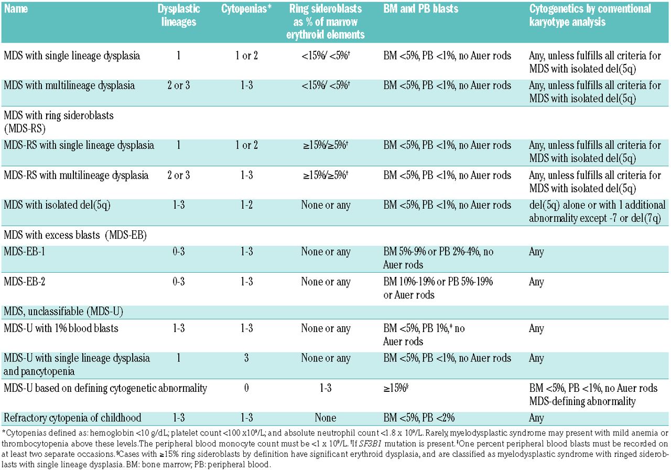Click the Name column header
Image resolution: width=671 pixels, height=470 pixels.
16,9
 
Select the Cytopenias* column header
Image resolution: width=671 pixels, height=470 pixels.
246,9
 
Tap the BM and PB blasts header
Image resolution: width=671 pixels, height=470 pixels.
420,9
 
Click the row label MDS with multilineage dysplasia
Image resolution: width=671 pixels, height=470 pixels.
69,86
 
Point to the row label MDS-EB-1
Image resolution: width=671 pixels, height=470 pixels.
24,251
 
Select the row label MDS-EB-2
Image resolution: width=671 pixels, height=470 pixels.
24,282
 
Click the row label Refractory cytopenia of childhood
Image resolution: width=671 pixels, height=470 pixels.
72,418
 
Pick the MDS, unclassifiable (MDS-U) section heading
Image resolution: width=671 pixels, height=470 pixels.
63,312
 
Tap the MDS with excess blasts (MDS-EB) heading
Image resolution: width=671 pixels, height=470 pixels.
75,235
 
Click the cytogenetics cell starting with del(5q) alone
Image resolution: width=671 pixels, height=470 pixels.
597,211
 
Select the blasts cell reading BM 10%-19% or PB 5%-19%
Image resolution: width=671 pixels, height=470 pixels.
438,288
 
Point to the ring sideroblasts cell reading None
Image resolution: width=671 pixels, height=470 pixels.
326,418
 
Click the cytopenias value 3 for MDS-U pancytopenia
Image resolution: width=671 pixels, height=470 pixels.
246,358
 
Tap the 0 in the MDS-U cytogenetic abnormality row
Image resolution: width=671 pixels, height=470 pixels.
246,388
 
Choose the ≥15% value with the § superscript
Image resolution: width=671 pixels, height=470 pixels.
396,388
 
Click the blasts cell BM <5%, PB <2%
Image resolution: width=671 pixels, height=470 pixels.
419,418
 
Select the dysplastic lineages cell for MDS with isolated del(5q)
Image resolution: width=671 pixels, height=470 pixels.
179,205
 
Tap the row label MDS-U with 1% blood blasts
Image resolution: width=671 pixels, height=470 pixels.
61,328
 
